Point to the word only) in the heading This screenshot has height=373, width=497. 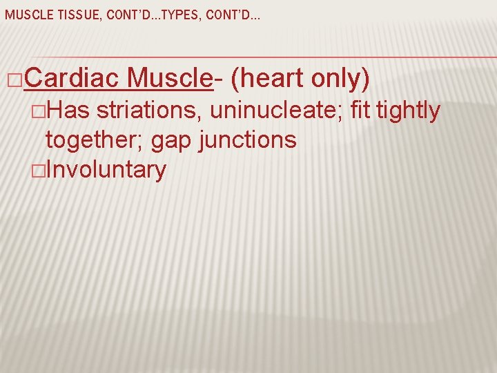coord(341,80)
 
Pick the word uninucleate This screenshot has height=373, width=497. coord(275,111)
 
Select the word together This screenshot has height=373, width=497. coord(95,140)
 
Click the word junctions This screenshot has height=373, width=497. coord(247,140)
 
